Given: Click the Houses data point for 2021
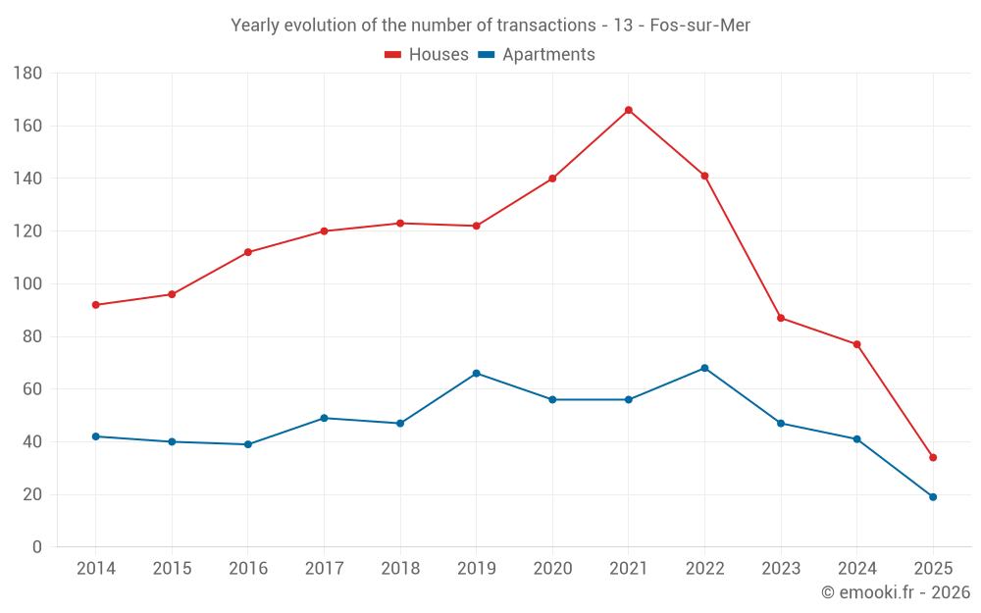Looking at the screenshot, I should click(x=629, y=110).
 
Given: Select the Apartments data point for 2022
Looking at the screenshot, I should click(x=704, y=368).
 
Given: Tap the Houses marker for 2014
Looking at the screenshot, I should click(x=96, y=305).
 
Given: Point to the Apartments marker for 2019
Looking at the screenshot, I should click(x=477, y=374).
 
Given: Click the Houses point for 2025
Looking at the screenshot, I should click(x=933, y=457).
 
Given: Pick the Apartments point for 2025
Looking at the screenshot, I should click(x=933, y=497).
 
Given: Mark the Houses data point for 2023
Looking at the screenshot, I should click(x=781, y=318).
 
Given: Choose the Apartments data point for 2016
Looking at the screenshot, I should click(x=248, y=444).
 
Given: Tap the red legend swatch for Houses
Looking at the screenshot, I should click(x=393, y=55).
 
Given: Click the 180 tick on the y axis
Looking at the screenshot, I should click(x=27, y=74).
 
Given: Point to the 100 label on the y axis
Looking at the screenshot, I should click(x=27, y=284).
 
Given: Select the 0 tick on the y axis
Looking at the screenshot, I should click(x=36, y=547).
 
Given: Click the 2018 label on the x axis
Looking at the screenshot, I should click(x=400, y=569).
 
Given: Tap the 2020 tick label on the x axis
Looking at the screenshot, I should click(x=552, y=569).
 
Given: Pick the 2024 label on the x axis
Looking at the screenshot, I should click(x=857, y=569).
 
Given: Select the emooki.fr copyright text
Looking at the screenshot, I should click(x=896, y=592).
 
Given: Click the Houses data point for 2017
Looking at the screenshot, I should click(x=324, y=231).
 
